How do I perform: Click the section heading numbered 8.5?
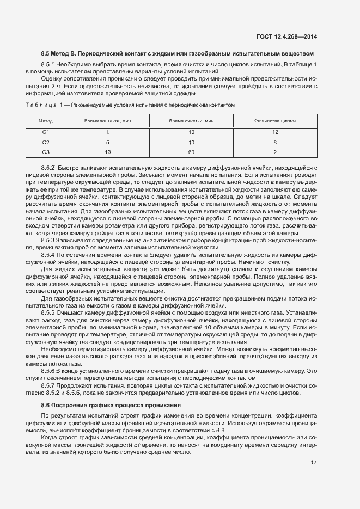pos(178,53)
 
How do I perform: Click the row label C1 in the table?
pos(46,132)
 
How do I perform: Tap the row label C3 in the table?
pos(46,152)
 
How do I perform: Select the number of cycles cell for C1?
pos(275,132)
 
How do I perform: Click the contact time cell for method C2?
pos(108,142)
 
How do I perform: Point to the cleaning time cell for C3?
pos(191,152)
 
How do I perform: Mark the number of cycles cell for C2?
pos(275,142)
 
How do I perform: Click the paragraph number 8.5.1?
pos(48,65)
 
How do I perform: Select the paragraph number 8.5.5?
pos(48,314)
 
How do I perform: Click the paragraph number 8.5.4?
pos(48,255)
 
